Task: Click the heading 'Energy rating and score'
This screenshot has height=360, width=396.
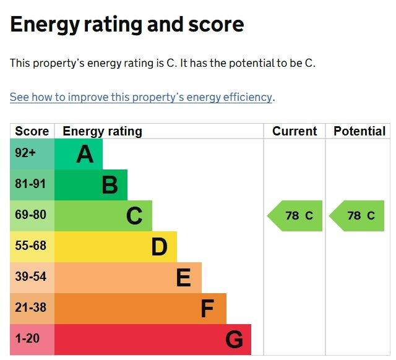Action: (x=127, y=25)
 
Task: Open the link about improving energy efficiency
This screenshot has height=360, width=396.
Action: (x=141, y=97)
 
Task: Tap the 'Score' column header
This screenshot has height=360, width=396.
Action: (x=32, y=131)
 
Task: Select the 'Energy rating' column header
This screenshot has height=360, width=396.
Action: (x=102, y=132)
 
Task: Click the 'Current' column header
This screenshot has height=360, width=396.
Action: (x=295, y=131)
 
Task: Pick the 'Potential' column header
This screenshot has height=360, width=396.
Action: (x=359, y=131)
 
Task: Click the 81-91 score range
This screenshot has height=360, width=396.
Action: (x=30, y=184)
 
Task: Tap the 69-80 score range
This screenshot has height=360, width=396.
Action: (x=30, y=215)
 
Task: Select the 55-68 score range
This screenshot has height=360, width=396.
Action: (x=30, y=246)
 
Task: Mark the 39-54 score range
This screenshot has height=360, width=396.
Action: (x=30, y=276)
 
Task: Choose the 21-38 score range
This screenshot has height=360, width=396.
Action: (x=30, y=307)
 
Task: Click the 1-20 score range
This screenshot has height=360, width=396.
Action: (x=27, y=338)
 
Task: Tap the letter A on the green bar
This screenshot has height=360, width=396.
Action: (x=85, y=154)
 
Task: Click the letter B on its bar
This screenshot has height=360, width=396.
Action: (x=110, y=185)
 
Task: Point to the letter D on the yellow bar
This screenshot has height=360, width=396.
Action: (x=160, y=247)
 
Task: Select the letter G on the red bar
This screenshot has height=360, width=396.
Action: (x=234, y=340)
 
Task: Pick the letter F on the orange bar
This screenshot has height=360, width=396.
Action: (x=208, y=309)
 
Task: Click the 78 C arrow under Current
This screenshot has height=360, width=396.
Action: (x=295, y=216)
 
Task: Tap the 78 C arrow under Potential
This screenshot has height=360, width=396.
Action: (x=356, y=216)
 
